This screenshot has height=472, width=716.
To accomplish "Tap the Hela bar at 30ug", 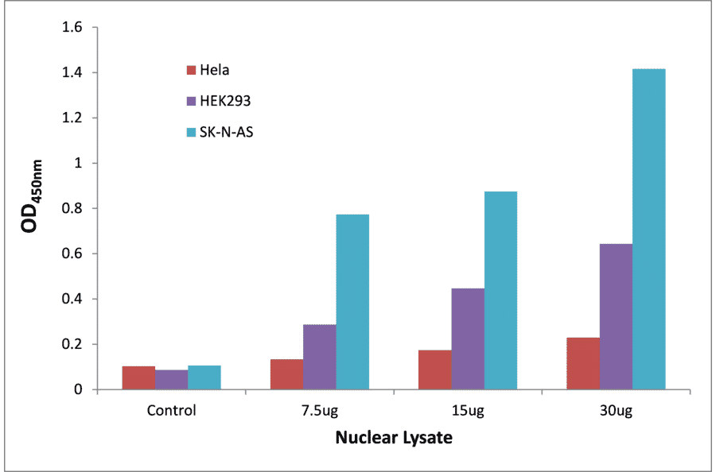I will (583, 364).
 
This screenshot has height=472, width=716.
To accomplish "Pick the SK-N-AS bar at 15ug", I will (500, 291).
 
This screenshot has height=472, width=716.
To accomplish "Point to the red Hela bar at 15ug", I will (435, 370).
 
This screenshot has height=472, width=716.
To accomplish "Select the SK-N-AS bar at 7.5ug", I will (352, 302).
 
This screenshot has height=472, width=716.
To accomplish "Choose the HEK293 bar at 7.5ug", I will (320, 358).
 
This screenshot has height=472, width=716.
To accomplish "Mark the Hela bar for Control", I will (138, 378).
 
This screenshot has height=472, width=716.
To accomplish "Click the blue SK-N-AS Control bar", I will (204, 377).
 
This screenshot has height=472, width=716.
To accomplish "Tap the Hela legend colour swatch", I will (191, 71).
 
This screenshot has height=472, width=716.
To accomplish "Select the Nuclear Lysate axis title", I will (393, 438).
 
